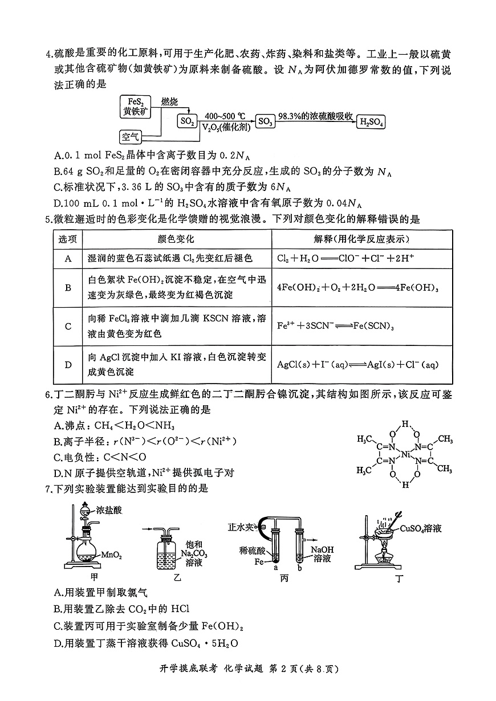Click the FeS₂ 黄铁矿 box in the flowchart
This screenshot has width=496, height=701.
[x=136, y=107]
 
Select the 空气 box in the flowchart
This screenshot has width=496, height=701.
[x=130, y=137]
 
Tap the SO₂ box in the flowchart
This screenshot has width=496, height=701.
[x=188, y=121]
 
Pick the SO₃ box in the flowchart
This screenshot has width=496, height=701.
[x=265, y=121]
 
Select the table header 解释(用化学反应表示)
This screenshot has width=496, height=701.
[x=361, y=239]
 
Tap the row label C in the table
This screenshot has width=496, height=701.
[x=68, y=327]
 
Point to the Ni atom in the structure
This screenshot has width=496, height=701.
[x=405, y=454]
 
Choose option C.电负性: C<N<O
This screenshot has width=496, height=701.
[x=100, y=457]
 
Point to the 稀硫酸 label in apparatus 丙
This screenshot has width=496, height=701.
[x=253, y=551]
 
